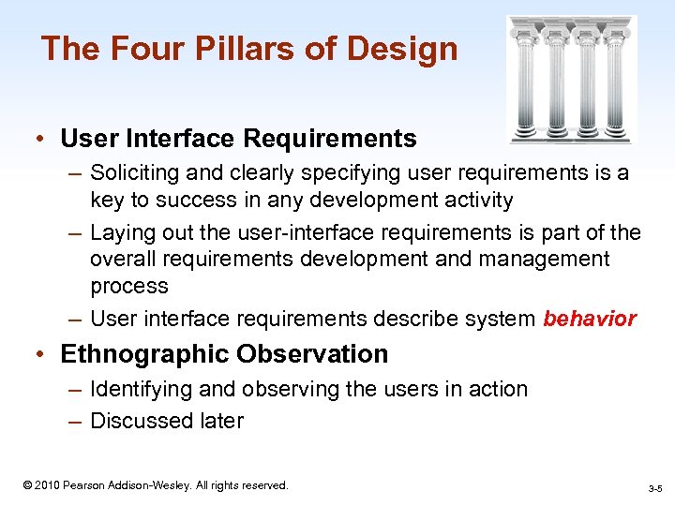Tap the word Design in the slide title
409,49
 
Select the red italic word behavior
590,320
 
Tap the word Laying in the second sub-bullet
120,231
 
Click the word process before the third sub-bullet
129,286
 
